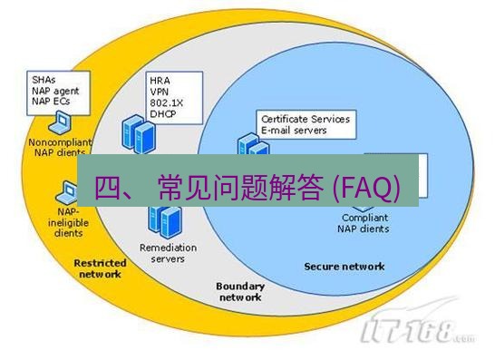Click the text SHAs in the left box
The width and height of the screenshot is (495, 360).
42,79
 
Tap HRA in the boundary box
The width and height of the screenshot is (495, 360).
160,80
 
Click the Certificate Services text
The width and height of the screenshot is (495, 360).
305,119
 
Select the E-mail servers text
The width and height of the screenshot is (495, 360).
294,130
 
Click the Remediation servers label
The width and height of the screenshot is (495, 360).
162,252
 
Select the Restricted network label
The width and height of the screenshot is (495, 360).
99,268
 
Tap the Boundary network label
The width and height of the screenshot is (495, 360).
240,291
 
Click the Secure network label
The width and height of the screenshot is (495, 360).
344,267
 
